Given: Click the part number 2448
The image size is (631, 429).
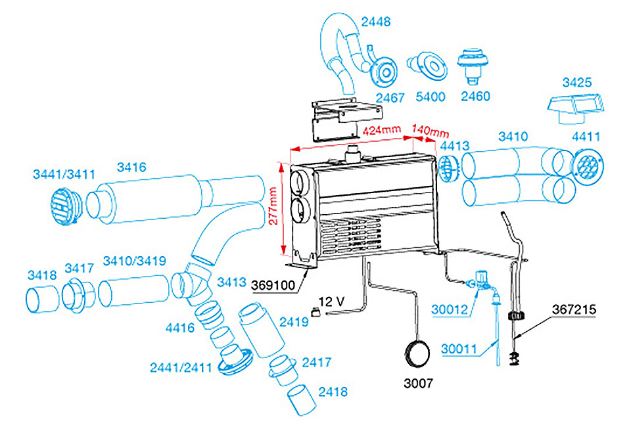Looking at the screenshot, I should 376,21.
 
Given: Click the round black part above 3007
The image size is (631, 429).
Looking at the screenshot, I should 417,353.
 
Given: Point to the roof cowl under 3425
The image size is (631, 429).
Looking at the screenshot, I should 576,106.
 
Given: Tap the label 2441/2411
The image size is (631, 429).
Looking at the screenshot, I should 179,367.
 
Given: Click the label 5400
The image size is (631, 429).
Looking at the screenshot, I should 431,97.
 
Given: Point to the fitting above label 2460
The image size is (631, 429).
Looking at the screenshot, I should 475,66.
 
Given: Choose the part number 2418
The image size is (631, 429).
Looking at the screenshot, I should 333,392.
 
